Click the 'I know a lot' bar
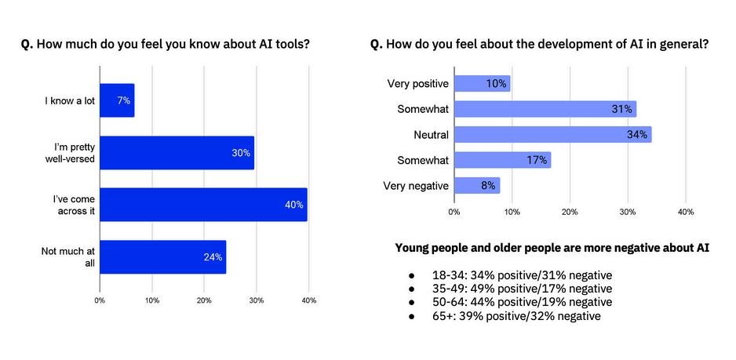tap(117, 100)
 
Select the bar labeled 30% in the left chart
tap(177, 153)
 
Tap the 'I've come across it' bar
tap(203, 205)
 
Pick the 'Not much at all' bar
tap(162, 256)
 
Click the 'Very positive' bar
tap(482, 83)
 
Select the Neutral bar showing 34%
tap(552, 135)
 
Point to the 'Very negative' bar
tap(476, 186)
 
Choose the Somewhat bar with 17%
tap(502, 160)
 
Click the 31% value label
tap(621, 109)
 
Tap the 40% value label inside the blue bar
tap(293, 205)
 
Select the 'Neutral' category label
tap(431, 135)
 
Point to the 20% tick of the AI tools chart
tap(204, 300)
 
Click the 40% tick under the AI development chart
tap(685, 211)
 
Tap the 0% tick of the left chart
tap(100, 300)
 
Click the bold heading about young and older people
tap(552, 249)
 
